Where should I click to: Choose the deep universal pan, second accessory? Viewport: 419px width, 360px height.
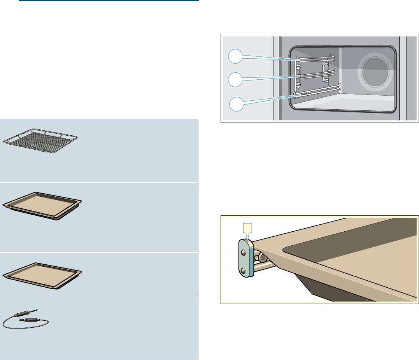coord(42,206)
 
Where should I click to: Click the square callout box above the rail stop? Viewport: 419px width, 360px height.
coord(247,227)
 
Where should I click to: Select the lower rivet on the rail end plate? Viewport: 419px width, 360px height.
coord(244,270)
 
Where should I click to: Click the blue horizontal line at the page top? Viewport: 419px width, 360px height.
coord(109,1)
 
